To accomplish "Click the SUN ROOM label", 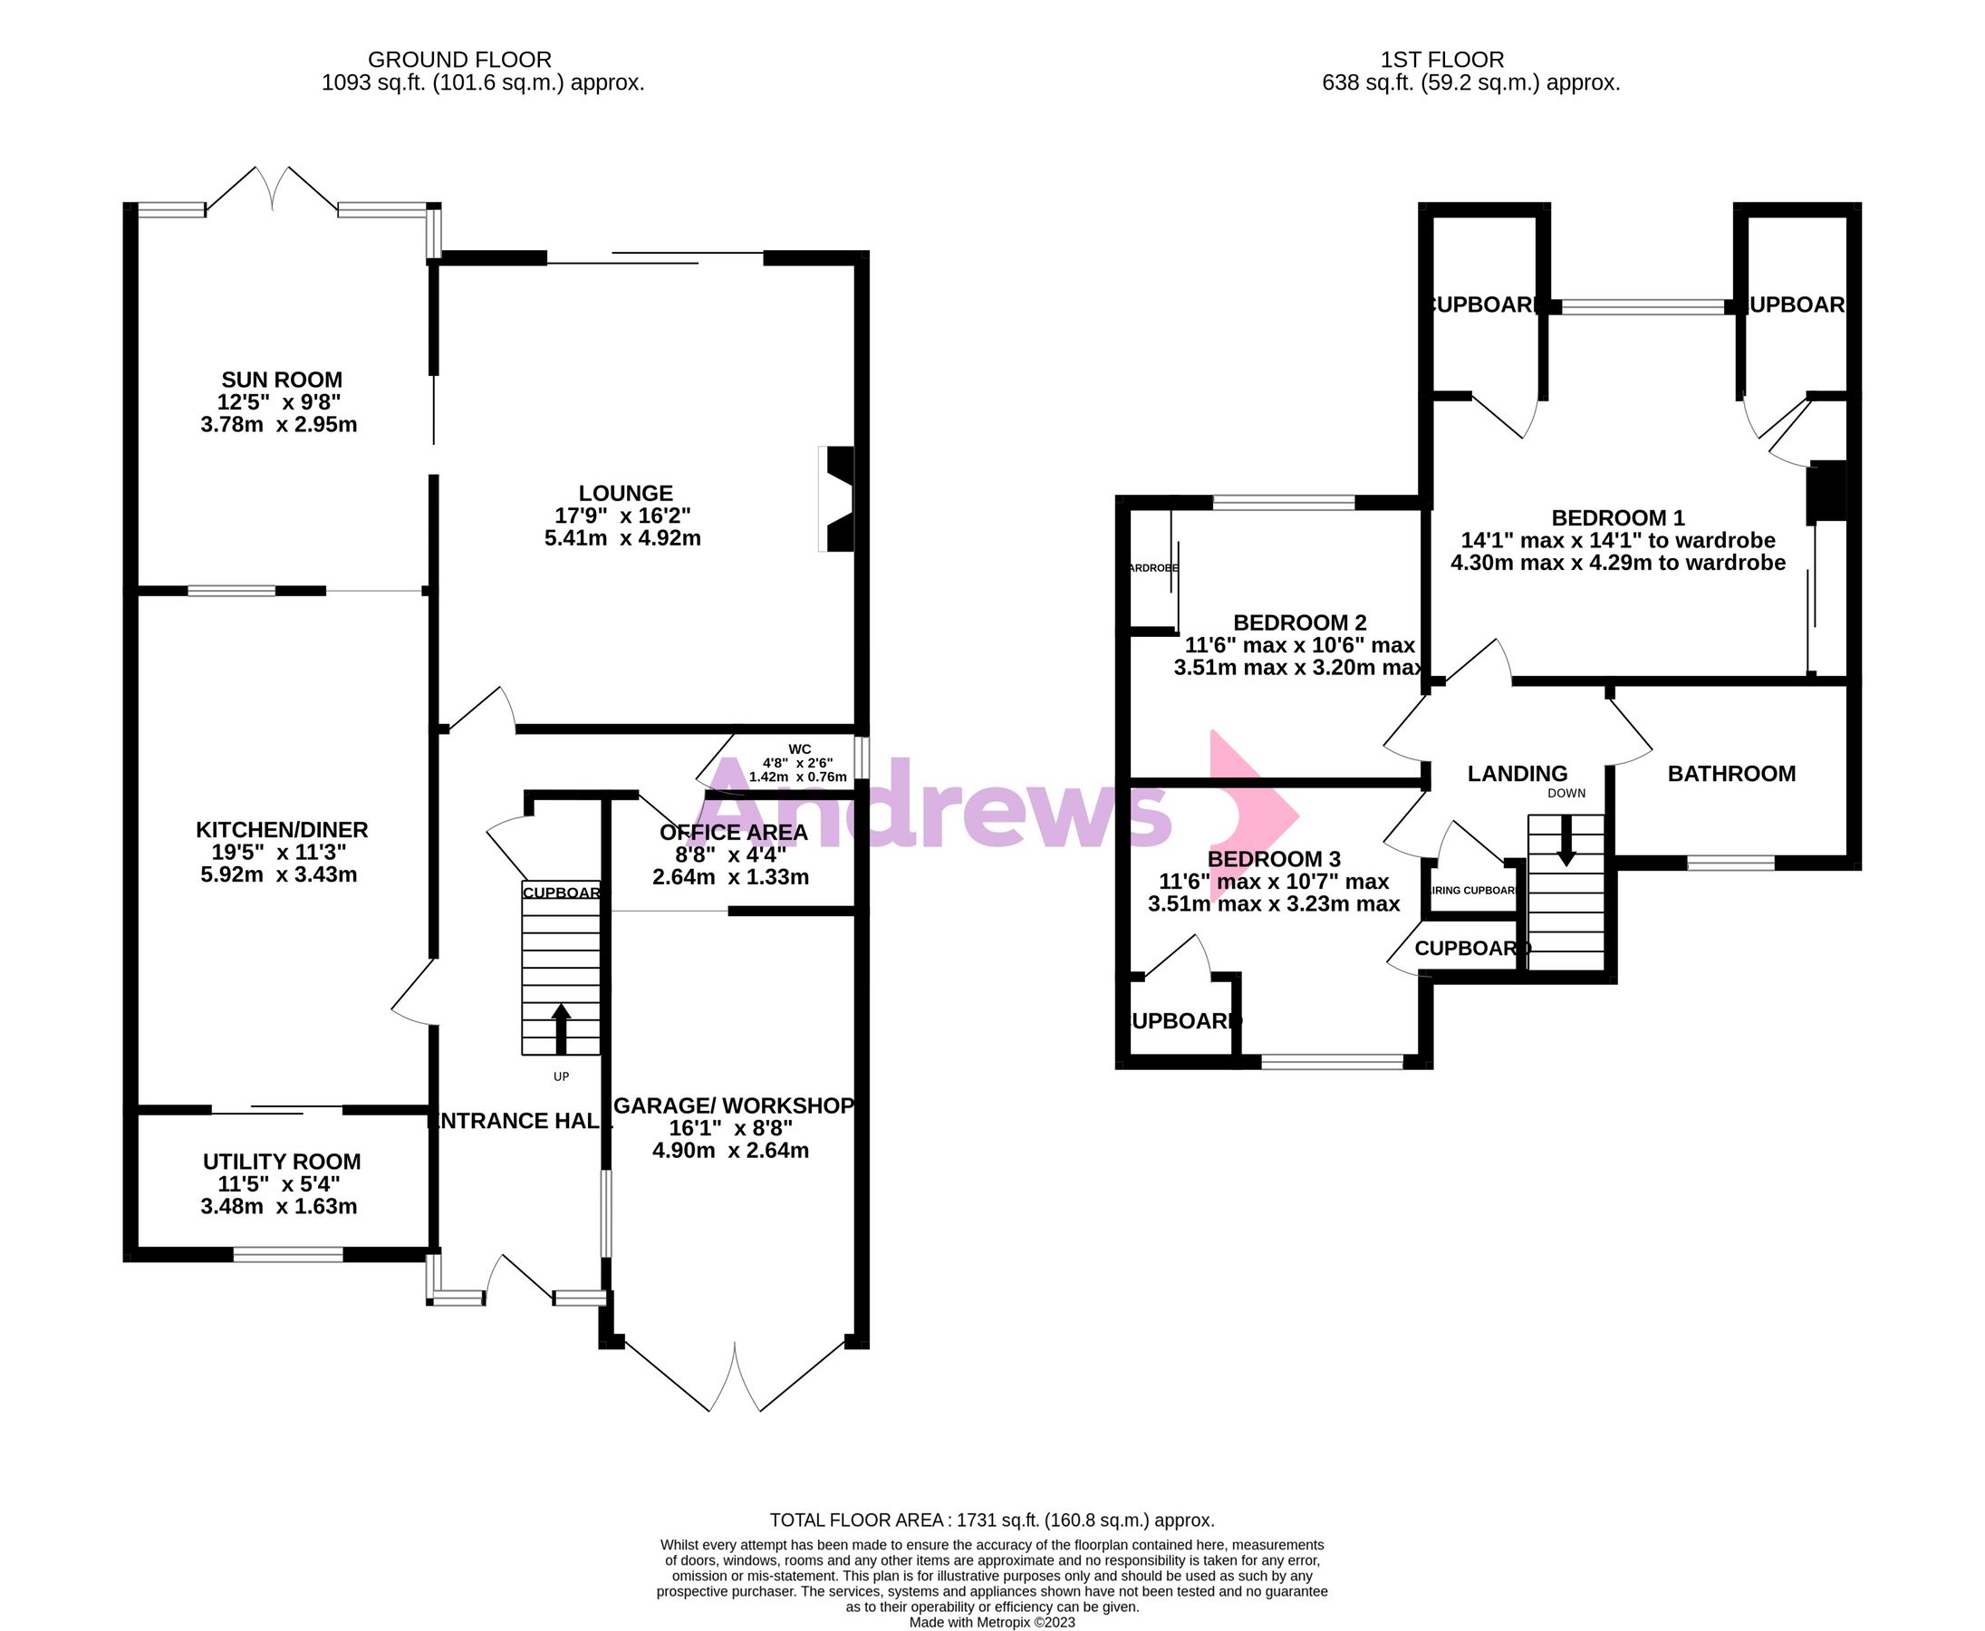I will (281, 380).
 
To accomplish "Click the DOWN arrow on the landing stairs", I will (1566, 840).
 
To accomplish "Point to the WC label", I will (799, 748).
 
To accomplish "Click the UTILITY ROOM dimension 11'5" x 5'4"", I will (279, 1183).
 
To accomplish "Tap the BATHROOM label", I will (1731, 773).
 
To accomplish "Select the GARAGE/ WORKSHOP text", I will (734, 1105).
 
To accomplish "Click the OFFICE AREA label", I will (733, 833).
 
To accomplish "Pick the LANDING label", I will (1518, 773).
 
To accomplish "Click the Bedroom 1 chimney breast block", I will (1827, 491).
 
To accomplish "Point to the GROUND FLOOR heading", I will (459, 59).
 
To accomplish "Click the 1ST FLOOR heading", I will (1442, 59).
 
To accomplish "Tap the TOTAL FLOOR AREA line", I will (992, 1520).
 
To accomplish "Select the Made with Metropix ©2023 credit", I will (992, 1623).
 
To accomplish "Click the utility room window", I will (288, 1253).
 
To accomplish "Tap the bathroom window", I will (1730, 863).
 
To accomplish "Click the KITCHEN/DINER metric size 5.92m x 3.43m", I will (279, 874).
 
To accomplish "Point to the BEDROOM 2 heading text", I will (1299, 622).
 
